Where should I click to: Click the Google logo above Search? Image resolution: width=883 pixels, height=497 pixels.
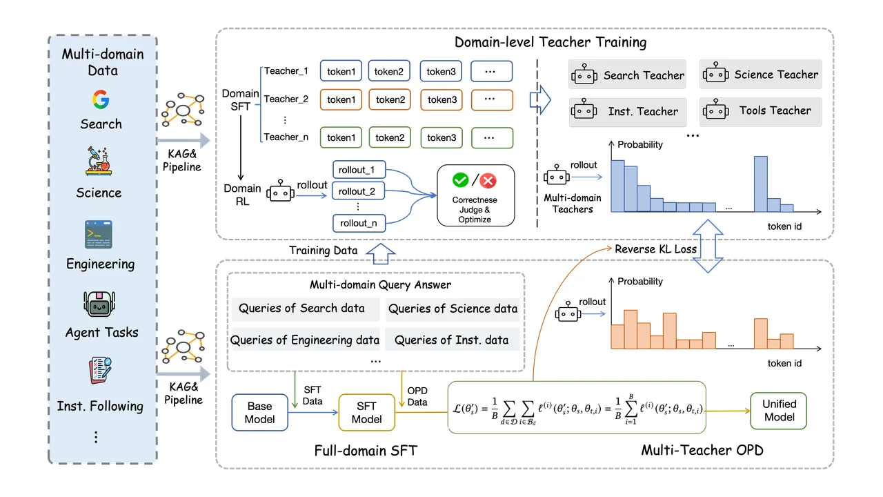click(101, 99)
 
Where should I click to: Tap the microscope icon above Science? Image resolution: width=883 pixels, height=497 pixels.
click(99, 162)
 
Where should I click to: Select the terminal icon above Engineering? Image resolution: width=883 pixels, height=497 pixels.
click(99, 234)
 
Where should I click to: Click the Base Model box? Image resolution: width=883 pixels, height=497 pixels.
click(260, 412)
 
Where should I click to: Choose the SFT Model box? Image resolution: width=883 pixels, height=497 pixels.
click(366, 412)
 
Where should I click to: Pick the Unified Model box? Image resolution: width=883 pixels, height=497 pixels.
click(779, 411)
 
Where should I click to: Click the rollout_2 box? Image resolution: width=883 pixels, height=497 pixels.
click(358, 191)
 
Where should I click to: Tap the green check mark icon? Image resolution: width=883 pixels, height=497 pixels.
click(460, 180)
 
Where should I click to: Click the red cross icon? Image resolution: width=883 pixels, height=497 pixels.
click(488, 181)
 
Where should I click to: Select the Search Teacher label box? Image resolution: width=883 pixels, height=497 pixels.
click(627, 75)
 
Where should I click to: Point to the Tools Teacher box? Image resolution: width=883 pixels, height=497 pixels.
click(761, 112)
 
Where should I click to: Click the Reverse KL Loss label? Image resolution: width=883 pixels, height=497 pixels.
click(655, 249)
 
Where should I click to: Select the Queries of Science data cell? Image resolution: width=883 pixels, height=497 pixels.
click(453, 309)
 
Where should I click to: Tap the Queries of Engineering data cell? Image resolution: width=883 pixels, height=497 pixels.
click(305, 340)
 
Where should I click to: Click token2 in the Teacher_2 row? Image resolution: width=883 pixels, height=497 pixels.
click(390, 100)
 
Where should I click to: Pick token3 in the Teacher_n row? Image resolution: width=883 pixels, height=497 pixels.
click(441, 137)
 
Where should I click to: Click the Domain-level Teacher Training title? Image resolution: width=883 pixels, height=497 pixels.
click(550, 42)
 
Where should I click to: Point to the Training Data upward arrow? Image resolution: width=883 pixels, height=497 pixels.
click(380, 253)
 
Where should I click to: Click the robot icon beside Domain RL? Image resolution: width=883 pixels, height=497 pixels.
click(280, 191)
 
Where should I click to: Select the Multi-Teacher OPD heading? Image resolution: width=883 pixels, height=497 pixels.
click(702, 450)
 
